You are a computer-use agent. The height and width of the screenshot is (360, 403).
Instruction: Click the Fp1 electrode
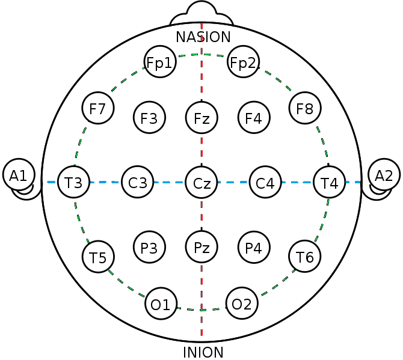coord(160,63)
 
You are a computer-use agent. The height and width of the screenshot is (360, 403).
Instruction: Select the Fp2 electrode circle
coord(244,63)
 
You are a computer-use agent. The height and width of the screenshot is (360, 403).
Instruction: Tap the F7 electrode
coord(97,109)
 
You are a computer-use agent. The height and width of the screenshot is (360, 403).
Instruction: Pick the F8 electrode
coord(305,109)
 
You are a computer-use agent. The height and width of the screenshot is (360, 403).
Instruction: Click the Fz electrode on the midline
coord(202,117)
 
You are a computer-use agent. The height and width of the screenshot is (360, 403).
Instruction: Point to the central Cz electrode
coord(202,182)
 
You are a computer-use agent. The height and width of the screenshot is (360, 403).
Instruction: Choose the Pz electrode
coord(202,246)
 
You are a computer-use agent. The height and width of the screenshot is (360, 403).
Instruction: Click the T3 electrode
coord(74,182)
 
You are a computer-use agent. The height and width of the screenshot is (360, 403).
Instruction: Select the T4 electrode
coord(330,182)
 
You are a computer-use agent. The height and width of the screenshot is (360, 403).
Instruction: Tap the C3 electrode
coord(138,182)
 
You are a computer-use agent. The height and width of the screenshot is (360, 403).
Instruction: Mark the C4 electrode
coord(265,182)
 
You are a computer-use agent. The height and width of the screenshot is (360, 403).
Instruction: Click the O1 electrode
coord(161,304)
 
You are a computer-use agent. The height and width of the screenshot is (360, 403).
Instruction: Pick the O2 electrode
coord(242,304)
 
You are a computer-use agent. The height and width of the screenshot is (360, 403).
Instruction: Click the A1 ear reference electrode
coord(18,175)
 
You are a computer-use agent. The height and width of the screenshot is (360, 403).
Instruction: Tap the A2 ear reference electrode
coord(384,175)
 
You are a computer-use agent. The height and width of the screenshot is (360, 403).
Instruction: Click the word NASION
coord(203,37)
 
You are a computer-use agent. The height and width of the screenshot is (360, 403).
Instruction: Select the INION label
coord(203,352)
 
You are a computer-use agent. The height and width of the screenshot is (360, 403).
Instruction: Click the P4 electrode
coord(254,246)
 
